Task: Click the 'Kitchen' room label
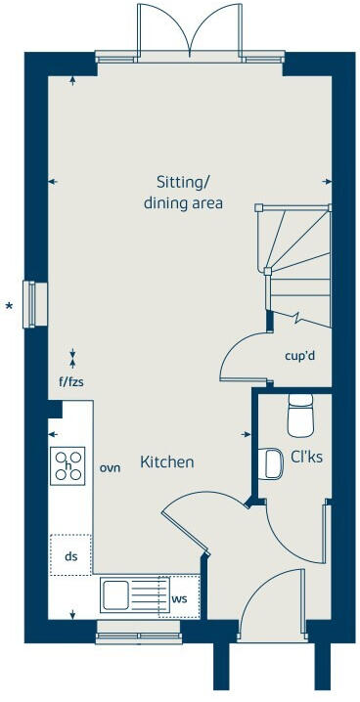pos(166,461)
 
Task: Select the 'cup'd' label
pos(298,355)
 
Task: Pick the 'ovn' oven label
pos(110,468)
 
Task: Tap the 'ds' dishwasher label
pos(70,556)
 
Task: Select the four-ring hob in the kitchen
pos(68,465)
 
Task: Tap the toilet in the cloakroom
pos(299,415)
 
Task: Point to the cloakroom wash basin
pos(271,462)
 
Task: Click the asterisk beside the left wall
pos(10,309)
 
